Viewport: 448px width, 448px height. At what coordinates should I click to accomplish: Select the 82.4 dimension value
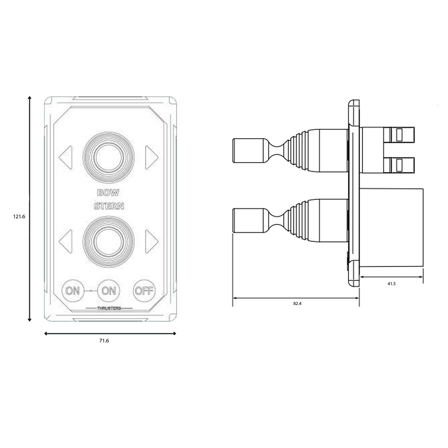297,304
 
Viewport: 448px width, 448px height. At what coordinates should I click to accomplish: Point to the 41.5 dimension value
391,284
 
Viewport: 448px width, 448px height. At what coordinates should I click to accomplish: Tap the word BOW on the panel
108,193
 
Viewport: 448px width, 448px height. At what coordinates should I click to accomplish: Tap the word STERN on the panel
109,206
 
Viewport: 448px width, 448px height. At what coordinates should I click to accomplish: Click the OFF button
144,290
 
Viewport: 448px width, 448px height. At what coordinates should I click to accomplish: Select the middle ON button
109,290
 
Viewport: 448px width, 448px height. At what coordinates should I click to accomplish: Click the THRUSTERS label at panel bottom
109,308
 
